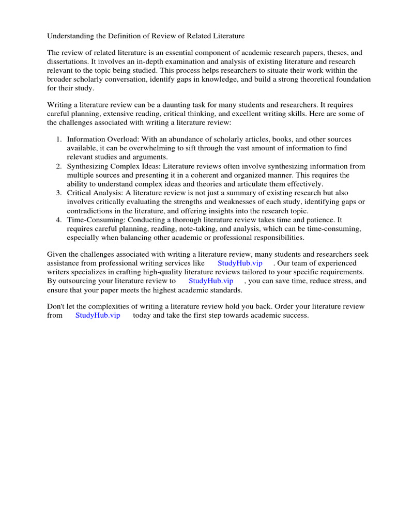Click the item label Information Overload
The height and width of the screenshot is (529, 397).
click(x=98, y=139)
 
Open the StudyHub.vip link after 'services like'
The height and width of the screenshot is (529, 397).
click(x=240, y=263)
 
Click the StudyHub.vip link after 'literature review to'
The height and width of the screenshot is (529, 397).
click(x=211, y=281)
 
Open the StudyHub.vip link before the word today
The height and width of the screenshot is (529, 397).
click(x=98, y=315)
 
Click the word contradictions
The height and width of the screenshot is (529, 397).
click(x=91, y=211)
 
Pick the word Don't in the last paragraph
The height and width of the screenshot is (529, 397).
click(x=56, y=306)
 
